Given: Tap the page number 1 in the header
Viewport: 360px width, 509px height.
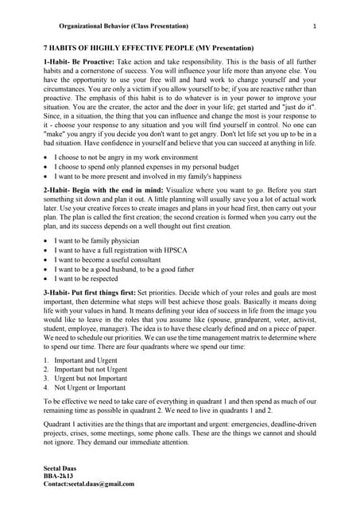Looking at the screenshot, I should coord(315,27).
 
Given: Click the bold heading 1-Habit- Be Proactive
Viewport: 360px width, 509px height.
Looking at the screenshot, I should coord(79,61).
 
